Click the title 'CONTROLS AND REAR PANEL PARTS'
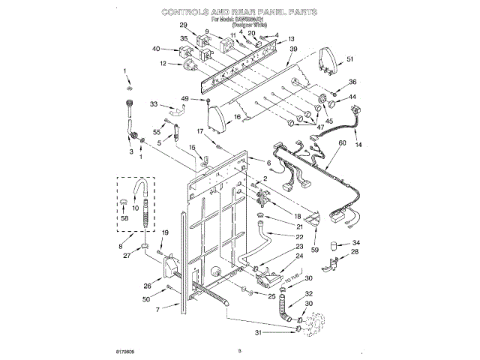239,13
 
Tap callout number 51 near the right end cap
350,60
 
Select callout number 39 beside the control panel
293,49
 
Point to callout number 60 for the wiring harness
342,143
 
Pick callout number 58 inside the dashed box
124,217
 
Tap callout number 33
154,104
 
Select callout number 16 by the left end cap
237,117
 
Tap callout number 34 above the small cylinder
356,243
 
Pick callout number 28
355,253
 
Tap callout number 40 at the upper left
156,49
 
